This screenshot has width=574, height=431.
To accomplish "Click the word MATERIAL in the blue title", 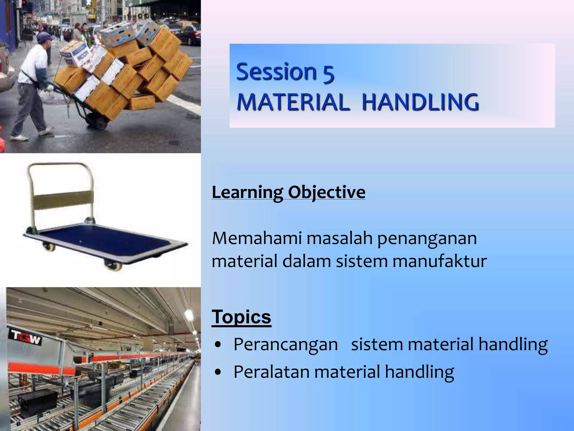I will tap(293, 102).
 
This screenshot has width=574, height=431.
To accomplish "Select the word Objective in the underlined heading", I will tap(327, 192).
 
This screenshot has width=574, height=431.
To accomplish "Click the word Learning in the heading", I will tap(247, 192).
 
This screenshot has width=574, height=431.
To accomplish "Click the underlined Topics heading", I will tap(241, 317).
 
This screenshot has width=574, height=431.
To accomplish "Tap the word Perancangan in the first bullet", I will tap(286, 345).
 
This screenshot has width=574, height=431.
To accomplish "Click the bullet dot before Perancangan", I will tap(218, 345).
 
